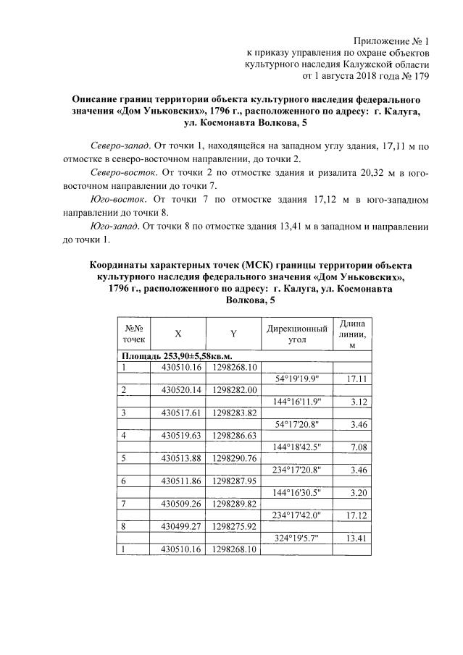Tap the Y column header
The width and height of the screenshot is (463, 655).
point(233,334)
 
